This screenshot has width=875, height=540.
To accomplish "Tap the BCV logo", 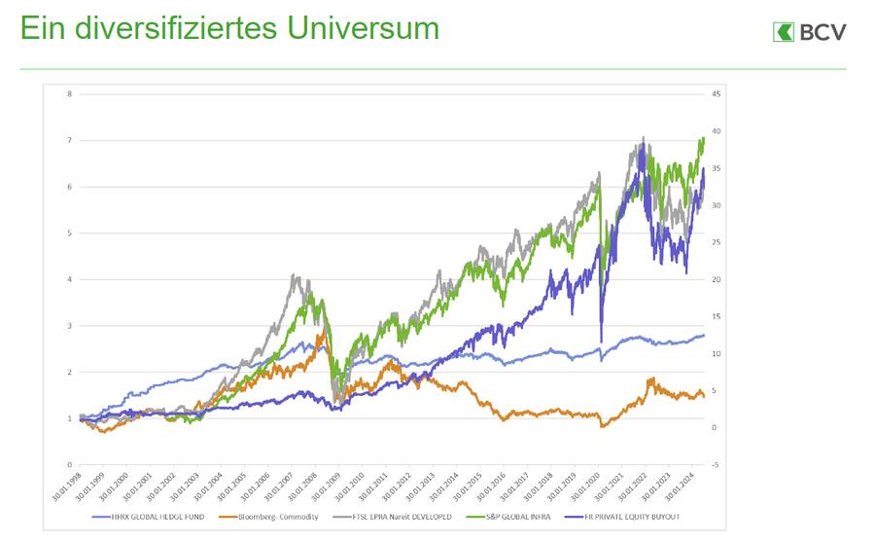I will pos(809,32).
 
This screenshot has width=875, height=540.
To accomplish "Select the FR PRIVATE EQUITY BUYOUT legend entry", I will pos(636,516).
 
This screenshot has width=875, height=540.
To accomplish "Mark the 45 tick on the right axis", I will pos(715,94).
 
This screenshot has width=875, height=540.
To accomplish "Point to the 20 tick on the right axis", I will pos(715,280).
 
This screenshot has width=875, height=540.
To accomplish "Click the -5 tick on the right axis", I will pos(715,465).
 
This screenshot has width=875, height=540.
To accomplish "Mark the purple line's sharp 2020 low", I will pos(601,342).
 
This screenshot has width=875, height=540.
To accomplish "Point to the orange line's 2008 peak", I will pos(323,334).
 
